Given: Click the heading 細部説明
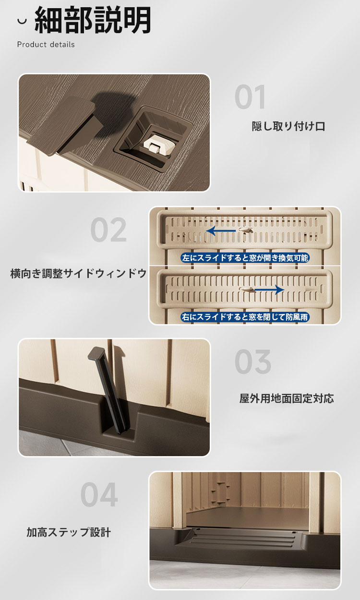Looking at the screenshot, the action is point(93,20).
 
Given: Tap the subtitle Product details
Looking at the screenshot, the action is point(46,45).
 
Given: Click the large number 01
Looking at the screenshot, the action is point(250,96).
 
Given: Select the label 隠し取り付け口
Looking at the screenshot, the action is point(288,126).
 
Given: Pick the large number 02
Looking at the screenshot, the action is point(108,229).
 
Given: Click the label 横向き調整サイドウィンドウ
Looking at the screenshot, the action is point(79,274).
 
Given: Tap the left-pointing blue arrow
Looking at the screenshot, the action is point(221,230).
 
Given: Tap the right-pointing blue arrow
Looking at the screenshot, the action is point(269,289).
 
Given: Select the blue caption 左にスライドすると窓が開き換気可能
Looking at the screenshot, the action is point(245,258).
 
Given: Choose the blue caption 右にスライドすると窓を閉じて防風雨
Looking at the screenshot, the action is point(245,317).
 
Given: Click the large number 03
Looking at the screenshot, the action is point(253,361).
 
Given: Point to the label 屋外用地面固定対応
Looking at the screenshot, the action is point(287,398).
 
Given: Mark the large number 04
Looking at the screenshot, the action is point(99,494).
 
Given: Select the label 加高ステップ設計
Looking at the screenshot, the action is point(69,532).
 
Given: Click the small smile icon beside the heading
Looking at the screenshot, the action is point(22,21).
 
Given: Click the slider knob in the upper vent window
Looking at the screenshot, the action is point(246,230).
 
